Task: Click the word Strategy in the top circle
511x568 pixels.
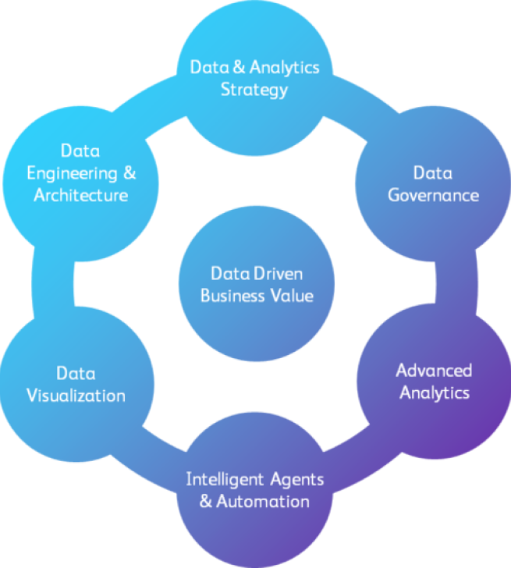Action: pyautogui.click(x=254, y=89)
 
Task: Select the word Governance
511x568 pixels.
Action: pyautogui.click(x=433, y=194)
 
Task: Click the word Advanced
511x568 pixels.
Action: pyautogui.click(x=434, y=370)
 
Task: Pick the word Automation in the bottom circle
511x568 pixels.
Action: pyautogui.click(x=262, y=501)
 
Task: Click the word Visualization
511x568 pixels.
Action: pyautogui.click(x=76, y=395)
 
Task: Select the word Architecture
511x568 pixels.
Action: pyautogui.click(x=80, y=194)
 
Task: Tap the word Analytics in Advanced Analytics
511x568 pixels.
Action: pyautogui.click(x=435, y=392)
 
